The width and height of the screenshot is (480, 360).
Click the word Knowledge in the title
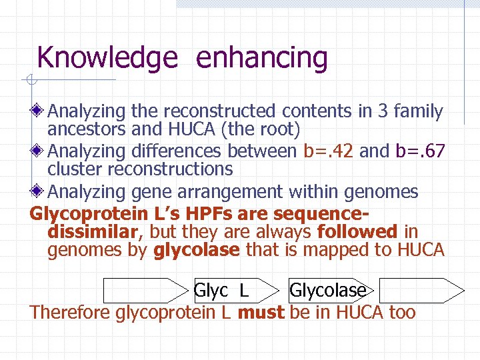click(x=107, y=58)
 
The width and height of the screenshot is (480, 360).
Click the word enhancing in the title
click(x=261, y=58)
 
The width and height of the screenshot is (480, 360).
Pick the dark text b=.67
click(x=420, y=151)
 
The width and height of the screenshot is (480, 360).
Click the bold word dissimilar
click(x=95, y=231)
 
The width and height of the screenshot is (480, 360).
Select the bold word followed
click(x=358, y=231)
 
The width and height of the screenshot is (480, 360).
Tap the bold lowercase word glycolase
click(x=197, y=250)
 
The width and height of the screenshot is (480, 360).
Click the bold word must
click(x=261, y=312)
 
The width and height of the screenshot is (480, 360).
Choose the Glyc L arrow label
click(x=221, y=290)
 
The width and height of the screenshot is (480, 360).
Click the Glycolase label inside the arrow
click(x=327, y=290)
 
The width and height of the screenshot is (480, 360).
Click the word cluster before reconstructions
click(x=74, y=169)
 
